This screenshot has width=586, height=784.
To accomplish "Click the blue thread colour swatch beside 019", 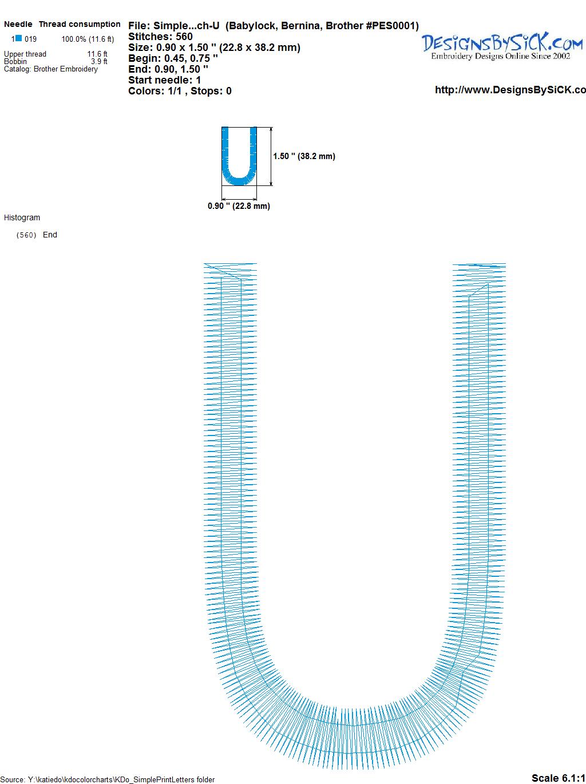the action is tap(19, 38).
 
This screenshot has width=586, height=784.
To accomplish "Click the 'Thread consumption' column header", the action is tap(80, 24).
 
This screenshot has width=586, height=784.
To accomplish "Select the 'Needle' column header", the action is tap(18, 24).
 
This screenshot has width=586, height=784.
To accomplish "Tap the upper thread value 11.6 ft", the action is tap(97, 54).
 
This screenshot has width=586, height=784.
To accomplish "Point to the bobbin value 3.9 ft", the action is tap(99, 61).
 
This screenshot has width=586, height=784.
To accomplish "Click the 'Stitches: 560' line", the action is tap(160, 37).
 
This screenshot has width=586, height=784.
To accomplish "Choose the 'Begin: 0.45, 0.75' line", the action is tap(173, 58).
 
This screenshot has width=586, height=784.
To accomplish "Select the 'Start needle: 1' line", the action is tap(165, 80).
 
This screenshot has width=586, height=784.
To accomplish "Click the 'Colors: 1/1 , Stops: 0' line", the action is tap(180, 91).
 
